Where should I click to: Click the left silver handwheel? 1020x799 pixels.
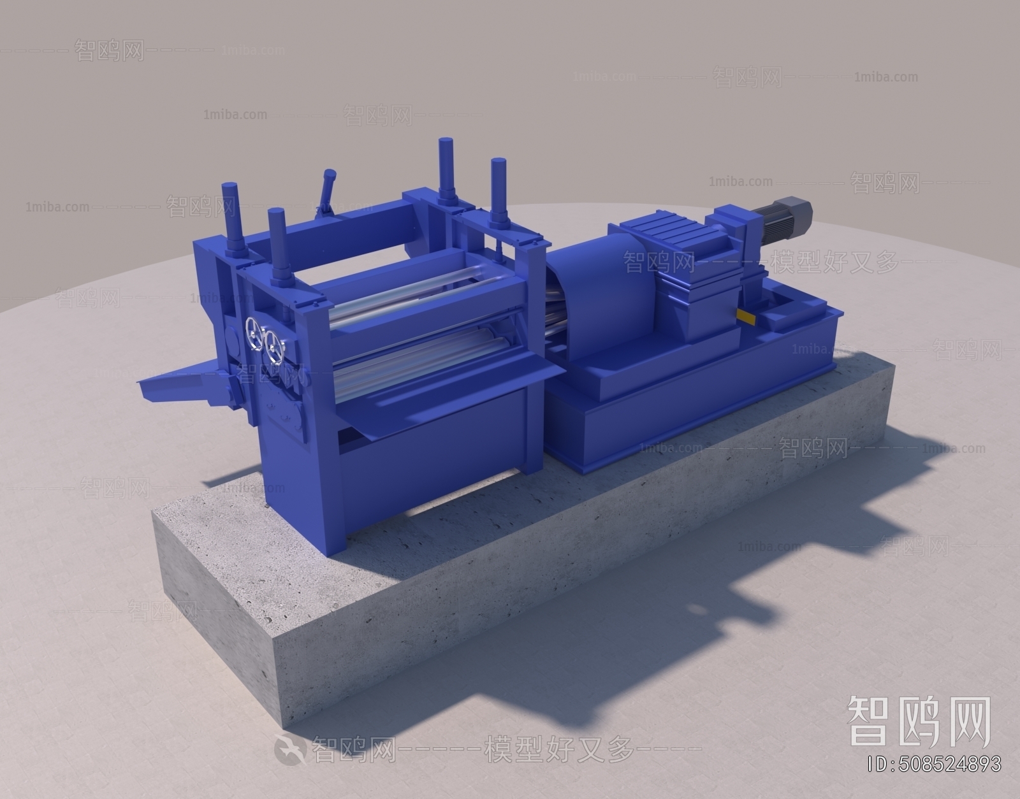pos(254,333)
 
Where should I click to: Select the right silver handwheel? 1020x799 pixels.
pos(275,345)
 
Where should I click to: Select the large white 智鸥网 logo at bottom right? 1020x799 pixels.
pos(917,722)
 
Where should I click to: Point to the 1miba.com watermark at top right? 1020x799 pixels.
pos(885,77)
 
